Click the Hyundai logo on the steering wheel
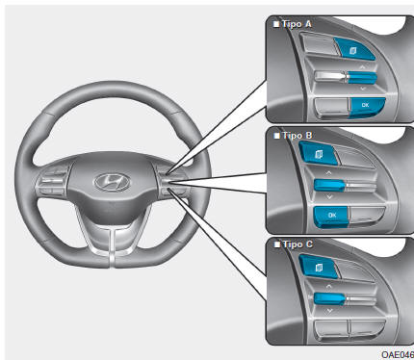(112, 182)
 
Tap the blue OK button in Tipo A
(367, 106)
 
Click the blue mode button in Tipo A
(354, 49)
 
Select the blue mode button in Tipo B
(319, 154)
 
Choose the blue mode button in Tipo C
(319, 267)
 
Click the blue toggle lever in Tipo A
(362, 77)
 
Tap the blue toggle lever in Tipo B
(329, 185)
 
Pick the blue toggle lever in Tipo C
(329, 298)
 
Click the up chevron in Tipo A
(362, 67)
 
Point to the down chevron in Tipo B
(329, 196)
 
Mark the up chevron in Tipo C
(329, 286)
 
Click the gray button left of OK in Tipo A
(332, 107)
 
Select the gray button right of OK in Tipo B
(366, 215)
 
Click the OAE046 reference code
(398, 354)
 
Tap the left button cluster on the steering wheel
(53, 181)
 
